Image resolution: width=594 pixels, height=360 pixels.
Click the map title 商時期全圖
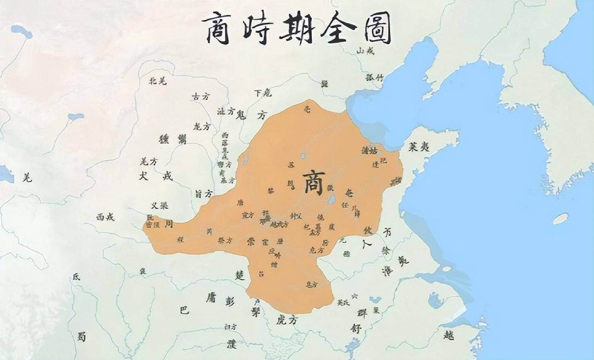(x=297, y=28)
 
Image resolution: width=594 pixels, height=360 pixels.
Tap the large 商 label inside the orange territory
(x=314, y=183)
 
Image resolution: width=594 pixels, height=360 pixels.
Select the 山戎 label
(x=365, y=51)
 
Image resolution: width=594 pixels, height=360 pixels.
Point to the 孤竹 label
(x=374, y=78)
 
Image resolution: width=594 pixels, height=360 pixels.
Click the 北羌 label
(x=157, y=81)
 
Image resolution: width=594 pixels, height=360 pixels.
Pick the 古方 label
(x=200, y=97)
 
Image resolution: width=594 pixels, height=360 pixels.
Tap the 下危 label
(x=263, y=93)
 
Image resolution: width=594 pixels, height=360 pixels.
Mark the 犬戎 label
(x=156, y=176)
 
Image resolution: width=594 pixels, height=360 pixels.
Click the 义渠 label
(x=159, y=206)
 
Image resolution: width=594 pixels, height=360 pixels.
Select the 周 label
(x=169, y=224)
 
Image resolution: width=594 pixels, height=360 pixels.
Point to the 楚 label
(x=239, y=276)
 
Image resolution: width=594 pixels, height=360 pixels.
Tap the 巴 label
(x=184, y=310)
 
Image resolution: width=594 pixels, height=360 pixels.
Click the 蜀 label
(x=81, y=337)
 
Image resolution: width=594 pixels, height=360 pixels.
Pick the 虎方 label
(x=286, y=320)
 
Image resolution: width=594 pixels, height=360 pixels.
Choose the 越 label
(x=448, y=335)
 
